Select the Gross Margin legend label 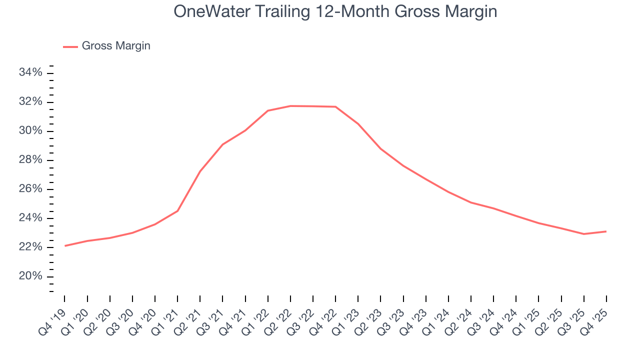pyautogui.click(x=116, y=46)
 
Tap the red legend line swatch pyautogui.click(x=70, y=46)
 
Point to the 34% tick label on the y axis pyautogui.click(x=30, y=73)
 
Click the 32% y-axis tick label pyautogui.click(x=30, y=102)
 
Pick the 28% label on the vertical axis pyautogui.click(x=30, y=160)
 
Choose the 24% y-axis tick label pyautogui.click(x=30, y=218)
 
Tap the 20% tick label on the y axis pyautogui.click(x=30, y=276)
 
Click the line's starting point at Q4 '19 pyautogui.click(x=65, y=245)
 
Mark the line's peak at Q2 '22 pyautogui.click(x=290, y=106)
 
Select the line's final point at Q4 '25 pyautogui.click(x=606, y=231)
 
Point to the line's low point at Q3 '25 pyautogui.click(x=584, y=234)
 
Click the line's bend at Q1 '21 pyautogui.click(x=177, y=211)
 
